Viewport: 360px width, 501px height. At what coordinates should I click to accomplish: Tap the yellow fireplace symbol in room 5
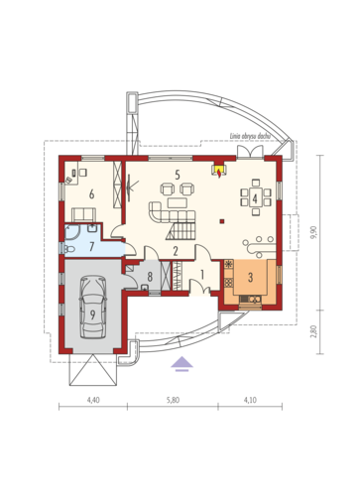219,171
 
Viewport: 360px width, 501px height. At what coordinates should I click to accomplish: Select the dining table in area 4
255,197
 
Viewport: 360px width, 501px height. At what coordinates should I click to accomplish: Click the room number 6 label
91,194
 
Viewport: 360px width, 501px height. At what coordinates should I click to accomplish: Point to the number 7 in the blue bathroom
92,246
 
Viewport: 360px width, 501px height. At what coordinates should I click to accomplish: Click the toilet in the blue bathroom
68,249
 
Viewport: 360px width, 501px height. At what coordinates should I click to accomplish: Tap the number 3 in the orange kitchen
250,277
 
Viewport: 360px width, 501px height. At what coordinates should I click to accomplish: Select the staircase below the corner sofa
180,231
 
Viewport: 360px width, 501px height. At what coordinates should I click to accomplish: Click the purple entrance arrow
181,364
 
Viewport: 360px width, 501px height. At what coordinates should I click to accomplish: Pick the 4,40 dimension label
93,400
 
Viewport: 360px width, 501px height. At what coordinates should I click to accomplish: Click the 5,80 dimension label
173,400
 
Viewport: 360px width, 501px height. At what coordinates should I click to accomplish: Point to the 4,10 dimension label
250,400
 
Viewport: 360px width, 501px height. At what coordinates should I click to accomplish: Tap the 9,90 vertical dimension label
314,232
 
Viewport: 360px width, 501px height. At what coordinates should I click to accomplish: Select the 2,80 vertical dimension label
314,331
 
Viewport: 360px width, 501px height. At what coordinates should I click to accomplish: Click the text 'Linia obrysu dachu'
250,136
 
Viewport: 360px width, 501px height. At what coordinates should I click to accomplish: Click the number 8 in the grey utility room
150,277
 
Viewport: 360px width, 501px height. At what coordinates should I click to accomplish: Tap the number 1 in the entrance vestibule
202,274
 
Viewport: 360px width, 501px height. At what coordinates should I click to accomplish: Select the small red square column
222,221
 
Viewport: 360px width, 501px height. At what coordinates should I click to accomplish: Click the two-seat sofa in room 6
84,214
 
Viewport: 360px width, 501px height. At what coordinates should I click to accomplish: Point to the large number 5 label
178,175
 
